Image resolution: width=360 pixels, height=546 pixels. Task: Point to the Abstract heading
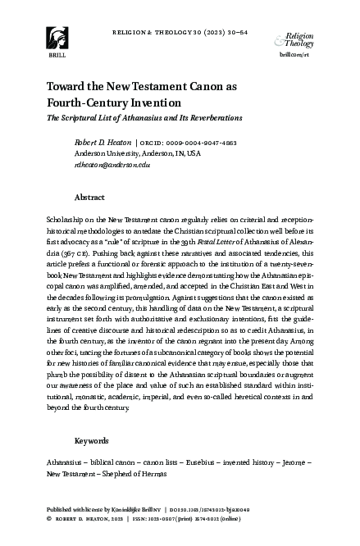(x=89, y=198)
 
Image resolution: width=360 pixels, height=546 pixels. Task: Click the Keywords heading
(x=91, y=440)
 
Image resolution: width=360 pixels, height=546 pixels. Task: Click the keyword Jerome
(x=294, y=463)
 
